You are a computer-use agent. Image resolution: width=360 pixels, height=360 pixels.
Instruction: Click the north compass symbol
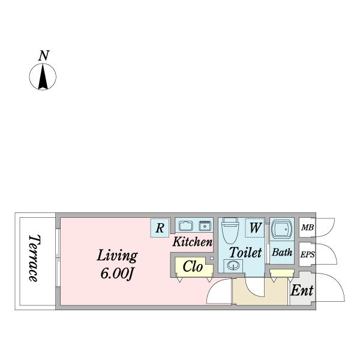coord(43,77)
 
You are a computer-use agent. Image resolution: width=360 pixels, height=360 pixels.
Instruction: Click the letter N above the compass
coord(43,56)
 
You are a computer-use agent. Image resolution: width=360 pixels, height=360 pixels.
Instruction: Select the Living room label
coord(118,256)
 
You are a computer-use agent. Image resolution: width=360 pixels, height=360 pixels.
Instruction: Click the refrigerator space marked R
coord(160,228)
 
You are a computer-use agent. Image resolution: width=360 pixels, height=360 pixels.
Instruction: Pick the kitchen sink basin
coord(185,226)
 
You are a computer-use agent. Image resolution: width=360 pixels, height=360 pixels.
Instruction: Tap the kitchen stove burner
coord(205,226)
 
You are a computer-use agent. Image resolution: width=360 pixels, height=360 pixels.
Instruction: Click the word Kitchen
coord(193,242)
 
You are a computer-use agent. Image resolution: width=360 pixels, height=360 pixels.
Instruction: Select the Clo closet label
coord(193,266)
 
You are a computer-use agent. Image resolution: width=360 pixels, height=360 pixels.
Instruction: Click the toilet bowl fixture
coord(229,230)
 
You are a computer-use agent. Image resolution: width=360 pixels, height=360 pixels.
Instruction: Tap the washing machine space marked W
coord(255,229)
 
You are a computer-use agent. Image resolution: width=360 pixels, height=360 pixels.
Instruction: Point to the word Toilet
coord(245,252)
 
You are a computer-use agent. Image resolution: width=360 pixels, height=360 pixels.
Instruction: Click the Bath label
coord(282,253)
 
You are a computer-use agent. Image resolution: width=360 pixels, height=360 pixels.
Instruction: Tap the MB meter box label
coord(307,228)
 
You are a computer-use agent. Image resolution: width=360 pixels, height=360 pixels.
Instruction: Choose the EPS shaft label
coord(307,254)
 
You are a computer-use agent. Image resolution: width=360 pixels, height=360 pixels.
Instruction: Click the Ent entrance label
coord(302,290)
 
